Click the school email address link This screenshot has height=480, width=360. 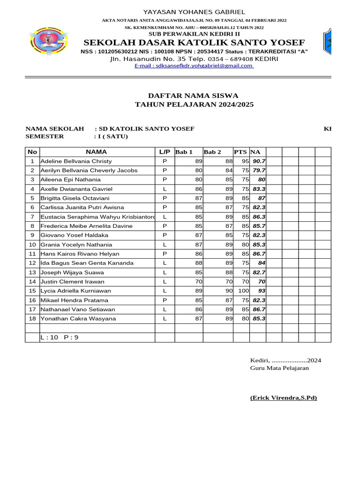[x=194, y=66]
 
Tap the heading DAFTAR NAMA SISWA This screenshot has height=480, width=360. [x=194, y=95]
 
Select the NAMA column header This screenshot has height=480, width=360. [x=97, y=152]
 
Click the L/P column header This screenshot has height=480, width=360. [x=165, y=152]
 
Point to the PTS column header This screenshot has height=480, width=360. [x=240, y=152]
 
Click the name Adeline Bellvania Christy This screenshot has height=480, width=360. [x=76, y=161]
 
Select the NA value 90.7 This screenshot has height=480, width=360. [x=259, y=161]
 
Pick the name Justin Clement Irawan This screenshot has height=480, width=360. [x=72, y=282]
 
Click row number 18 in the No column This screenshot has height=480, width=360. [x=32, y=319]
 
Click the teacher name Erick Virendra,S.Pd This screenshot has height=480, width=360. [x=283, y=398]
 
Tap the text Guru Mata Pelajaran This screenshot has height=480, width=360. [x=279, y=368]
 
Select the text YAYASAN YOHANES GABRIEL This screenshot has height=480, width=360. [x=194, y=12]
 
